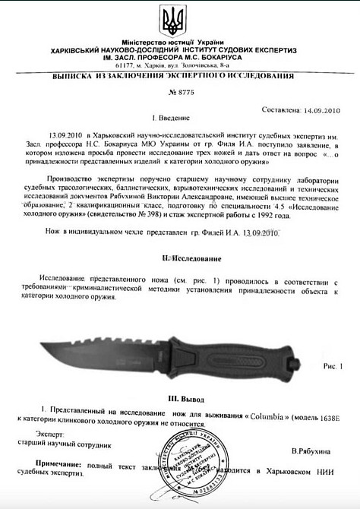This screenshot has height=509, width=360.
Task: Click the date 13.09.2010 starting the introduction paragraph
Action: tap(64, 132)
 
